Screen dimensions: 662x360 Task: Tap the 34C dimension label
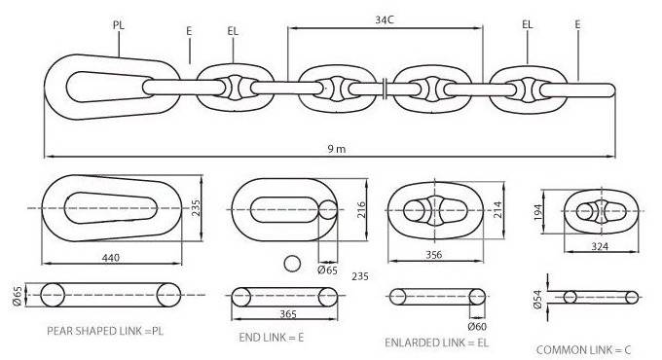[x=386, y=18]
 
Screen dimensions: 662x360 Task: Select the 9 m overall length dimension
[x=336, y=149]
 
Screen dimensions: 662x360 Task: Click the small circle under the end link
[x=289, y=263]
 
